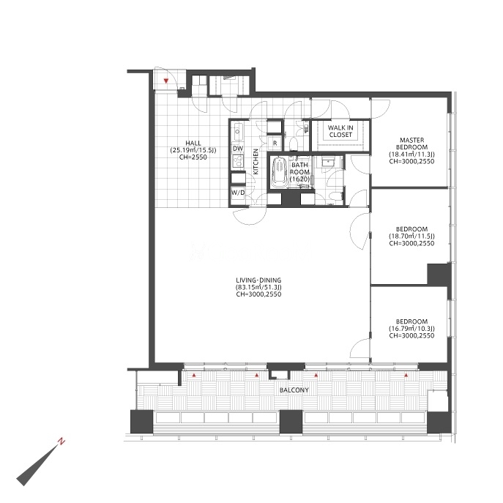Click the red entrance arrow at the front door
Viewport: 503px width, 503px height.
tap(166, 81)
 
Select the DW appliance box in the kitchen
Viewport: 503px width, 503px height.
tap(238, 149)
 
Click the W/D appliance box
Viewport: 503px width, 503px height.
tap(238, 193)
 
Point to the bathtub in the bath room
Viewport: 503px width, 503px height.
tap(279, 173)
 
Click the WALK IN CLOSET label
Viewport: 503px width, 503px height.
tap(340, 131)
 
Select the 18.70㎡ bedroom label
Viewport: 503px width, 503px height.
tap(412, 236)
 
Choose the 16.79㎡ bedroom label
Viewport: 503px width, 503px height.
tap(412, 329)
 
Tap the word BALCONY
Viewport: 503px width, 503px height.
tap(294, 390)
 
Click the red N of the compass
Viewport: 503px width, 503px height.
tap(61, 441)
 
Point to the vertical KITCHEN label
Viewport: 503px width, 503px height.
tap(256, 162)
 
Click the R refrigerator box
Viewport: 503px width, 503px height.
tap(275, 143)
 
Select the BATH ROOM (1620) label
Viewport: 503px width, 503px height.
tap(299, 172)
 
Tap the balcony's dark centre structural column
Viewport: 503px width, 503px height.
tap(291, 422)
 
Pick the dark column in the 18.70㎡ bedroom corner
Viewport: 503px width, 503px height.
tap(438, 274)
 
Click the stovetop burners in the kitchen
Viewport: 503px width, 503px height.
tap(238, 161)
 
